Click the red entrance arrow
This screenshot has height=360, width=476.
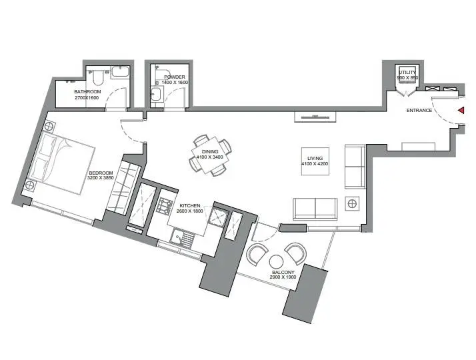461,111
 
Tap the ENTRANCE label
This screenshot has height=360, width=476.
419,111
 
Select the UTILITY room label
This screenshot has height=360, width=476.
407,73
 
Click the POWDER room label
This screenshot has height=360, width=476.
175,77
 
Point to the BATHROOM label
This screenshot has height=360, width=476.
87,92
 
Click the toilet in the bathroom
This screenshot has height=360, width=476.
98,77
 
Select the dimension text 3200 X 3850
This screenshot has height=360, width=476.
101,178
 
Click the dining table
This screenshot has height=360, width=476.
210,155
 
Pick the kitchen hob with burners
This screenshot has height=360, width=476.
164,205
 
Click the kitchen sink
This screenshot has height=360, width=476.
182,237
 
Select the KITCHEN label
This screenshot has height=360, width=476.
190,206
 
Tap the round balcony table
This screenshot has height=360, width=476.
277,262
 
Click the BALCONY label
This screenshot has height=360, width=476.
283,273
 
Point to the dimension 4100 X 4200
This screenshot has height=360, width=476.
315,164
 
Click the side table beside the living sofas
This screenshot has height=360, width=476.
352,204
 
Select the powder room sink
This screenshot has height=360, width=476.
157,93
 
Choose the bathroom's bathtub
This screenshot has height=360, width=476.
120,73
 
